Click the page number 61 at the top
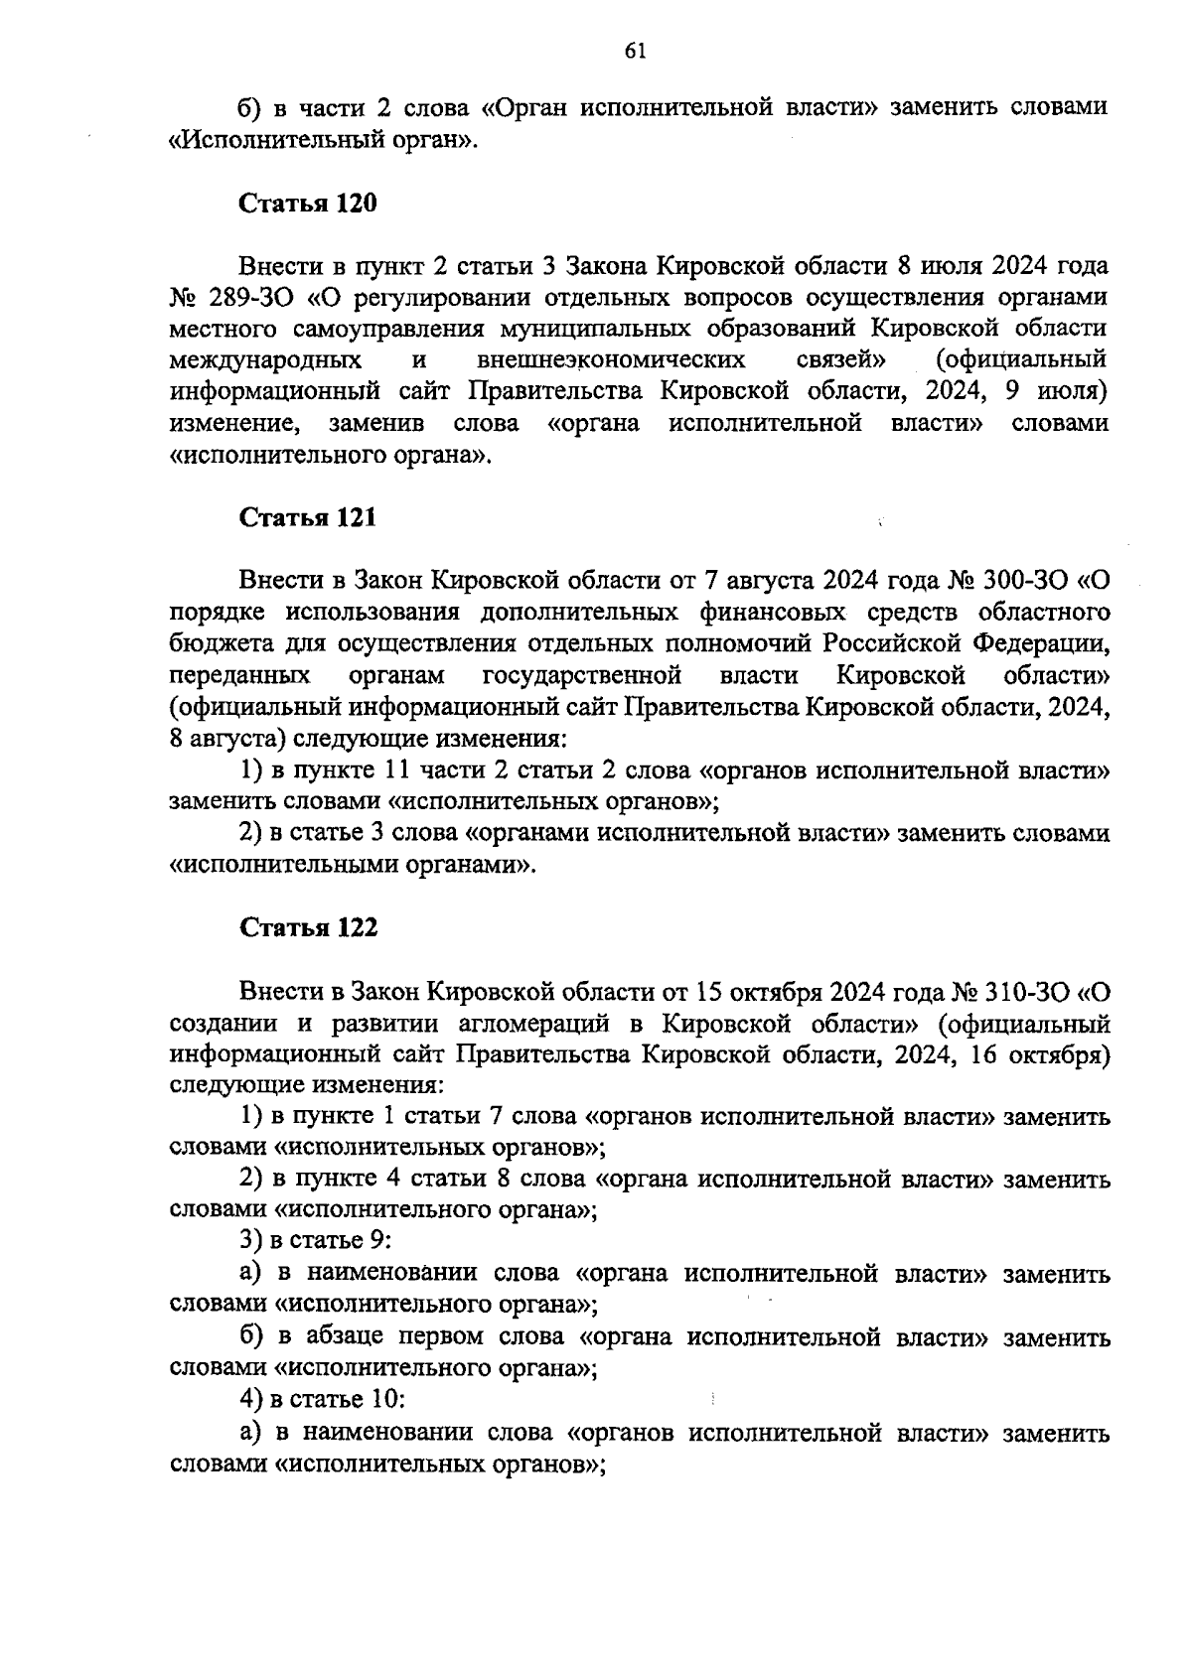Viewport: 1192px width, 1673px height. click(637, 53)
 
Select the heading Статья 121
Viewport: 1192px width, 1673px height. click(308, 517)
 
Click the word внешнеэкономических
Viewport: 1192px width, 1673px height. click(613, 359)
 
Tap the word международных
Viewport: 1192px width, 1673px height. click(265, 359)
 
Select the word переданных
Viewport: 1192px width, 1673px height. click(239, 675)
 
